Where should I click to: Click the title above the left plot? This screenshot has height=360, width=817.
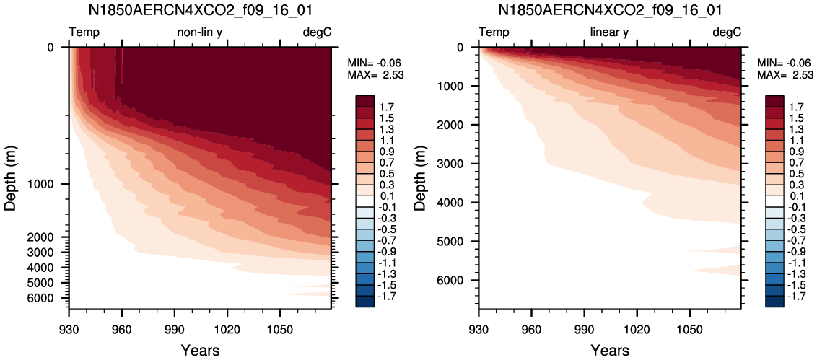coord(200,9)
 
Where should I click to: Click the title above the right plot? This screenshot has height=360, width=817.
coord(610,9)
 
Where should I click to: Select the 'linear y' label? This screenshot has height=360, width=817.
coord(609,32)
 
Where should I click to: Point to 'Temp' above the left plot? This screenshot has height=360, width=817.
coord(84,33)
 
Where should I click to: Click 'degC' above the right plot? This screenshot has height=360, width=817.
coord(726,33)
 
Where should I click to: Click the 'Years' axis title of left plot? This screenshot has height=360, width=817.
coord(200,350)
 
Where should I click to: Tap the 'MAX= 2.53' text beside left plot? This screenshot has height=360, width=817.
coord(376,74)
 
